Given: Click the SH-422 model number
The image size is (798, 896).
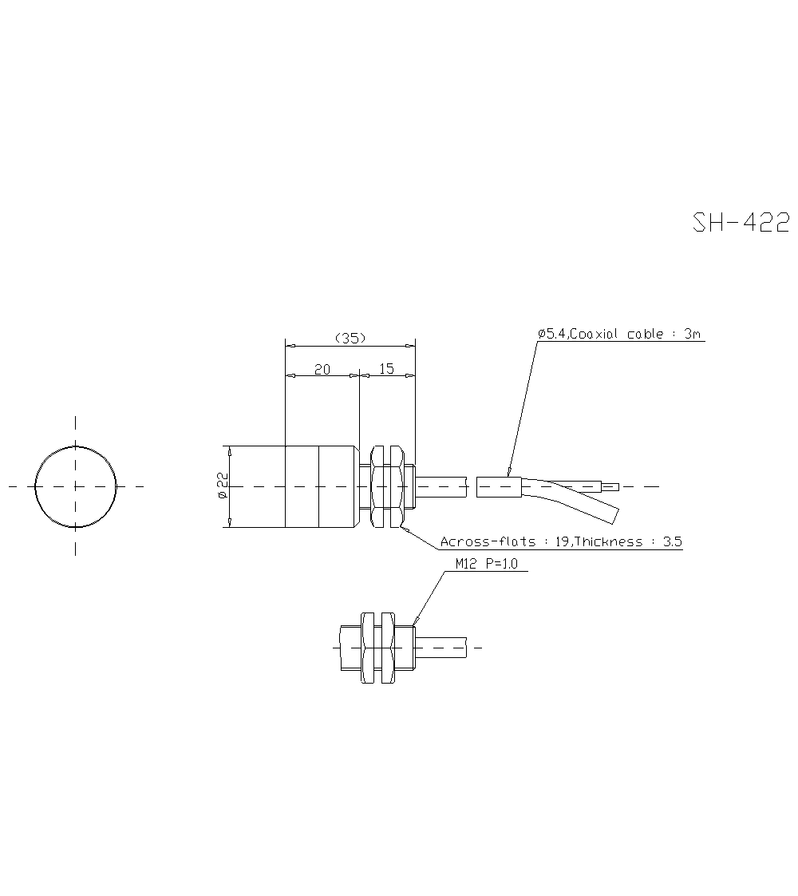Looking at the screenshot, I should pos(741,222).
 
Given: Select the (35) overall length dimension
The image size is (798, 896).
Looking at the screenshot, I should pos(350,338).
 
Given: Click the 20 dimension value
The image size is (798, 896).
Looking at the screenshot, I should pos(322,369).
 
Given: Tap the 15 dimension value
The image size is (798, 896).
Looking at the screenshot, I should pos(386,369).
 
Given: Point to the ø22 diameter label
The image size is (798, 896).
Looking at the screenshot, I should pos(223,486).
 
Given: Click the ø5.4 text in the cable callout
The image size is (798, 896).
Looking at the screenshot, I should pos(551,335).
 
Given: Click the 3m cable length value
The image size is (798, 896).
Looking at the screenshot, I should pos(692,335).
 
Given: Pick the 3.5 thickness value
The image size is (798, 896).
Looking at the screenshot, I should pos(672,542).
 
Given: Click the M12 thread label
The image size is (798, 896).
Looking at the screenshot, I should pos(466,564).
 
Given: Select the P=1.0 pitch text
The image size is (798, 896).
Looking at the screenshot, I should pos(500,564).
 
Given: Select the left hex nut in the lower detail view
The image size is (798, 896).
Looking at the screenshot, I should pos(368,648).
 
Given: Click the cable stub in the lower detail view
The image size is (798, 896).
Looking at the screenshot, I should pos(440,648).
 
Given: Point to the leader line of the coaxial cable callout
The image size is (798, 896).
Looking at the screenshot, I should pos(523,407).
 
